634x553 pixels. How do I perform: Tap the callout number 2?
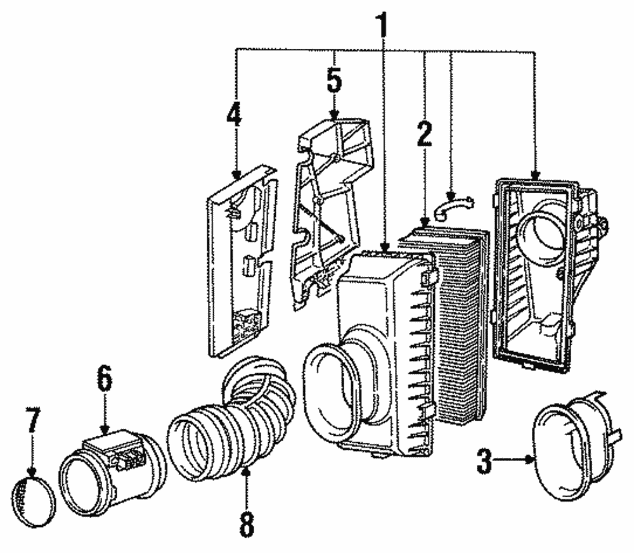pos(424,135)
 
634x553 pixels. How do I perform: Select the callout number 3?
pos(484,461)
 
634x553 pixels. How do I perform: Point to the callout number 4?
pos(235,117)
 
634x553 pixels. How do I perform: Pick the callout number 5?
pos(334,80)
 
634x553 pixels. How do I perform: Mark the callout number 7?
pos(32,421)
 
